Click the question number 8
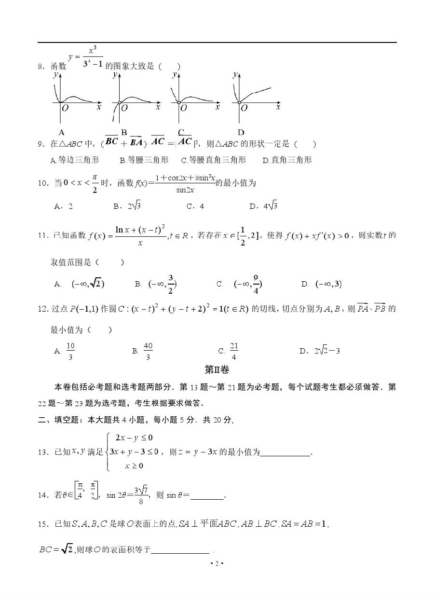point(41,67)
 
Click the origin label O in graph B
point(124,108)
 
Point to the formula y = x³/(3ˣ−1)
point(86,57)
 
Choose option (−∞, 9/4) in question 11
point(248,284)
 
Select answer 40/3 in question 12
point(148,351)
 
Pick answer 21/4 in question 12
point(234,351)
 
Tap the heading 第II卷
point(217,369)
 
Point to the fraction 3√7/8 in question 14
point(141,495)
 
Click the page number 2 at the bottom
point(217,563)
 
